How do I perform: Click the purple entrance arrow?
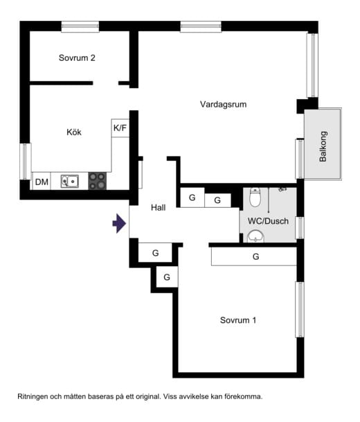tap(119, 223)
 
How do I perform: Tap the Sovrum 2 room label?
tap(76, 58)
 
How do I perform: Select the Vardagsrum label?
tap(223, 105)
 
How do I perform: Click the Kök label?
tap(74, 132)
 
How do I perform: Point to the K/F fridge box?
tap(120, 128)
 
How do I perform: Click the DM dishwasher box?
tap(42, 182)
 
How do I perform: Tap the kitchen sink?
tap(69, 182)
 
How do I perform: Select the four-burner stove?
tap(97, 182)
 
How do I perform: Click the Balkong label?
tap(323, 146)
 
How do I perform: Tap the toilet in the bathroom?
tap(255, 199)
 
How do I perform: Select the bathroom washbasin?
tap(256, 238)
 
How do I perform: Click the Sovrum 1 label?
tap(238, 320)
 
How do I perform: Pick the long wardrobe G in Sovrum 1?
tap(255, 256)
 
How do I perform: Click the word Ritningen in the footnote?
tap(34, 397)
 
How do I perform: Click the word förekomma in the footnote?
tap(243, 397)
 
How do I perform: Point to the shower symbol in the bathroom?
tap(280, 188)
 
